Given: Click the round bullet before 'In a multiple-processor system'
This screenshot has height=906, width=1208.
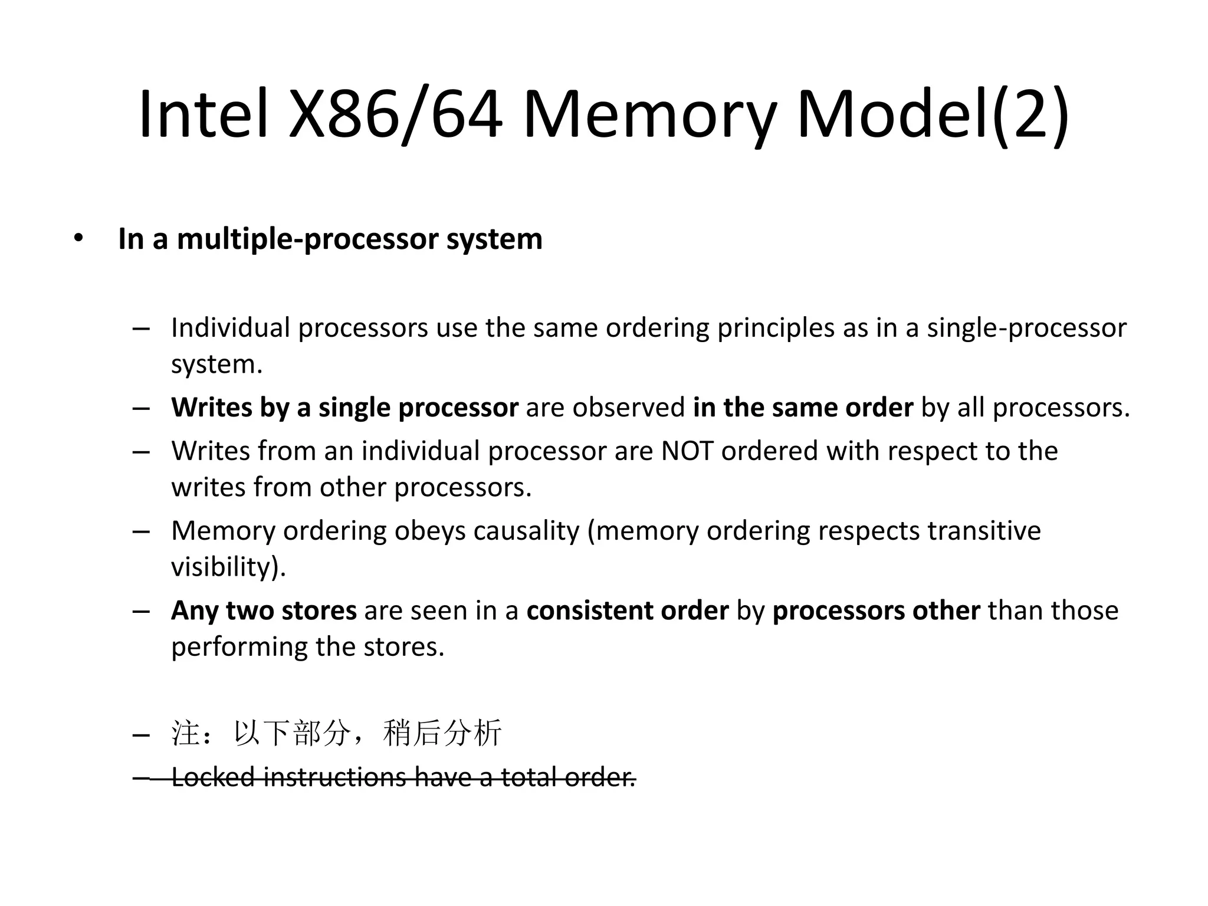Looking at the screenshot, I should point(78,238).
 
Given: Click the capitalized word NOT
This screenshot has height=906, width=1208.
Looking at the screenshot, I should point(687,451).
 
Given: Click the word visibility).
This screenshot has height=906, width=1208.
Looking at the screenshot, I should point(228,567).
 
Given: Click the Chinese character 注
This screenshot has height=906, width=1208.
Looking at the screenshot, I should point(185,733).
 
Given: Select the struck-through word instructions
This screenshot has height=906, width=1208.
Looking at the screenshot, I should point(334,777).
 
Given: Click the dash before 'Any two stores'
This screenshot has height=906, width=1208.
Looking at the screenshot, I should point(141,611).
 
